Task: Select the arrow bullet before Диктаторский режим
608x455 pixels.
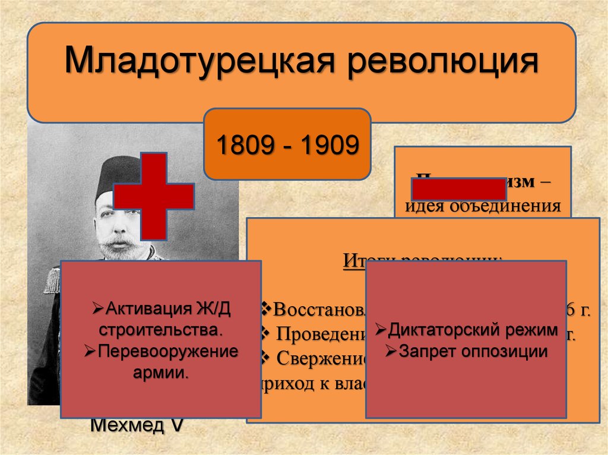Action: pyautogui.click(x=381, y=330)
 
